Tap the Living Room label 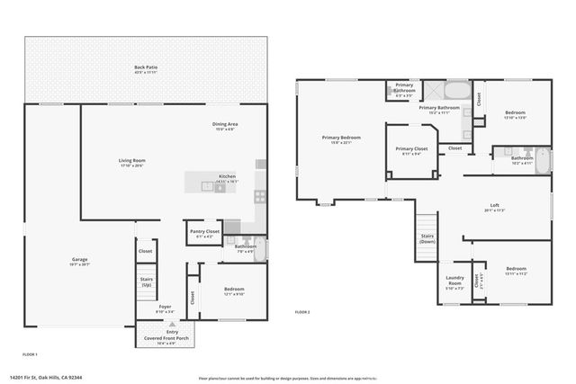pyautogui.click(x=131, y=161)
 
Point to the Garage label pyautogui.click(x=80, y=260)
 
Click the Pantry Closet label pyautogui.click(x=204, y=231)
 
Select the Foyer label pyautogui.click(x=165, y=306)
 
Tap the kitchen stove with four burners pyautogui.click(x=260, y=194)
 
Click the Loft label pyautogui.click(x=494, y=205)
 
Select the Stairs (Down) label pyautogui.click(x=427, y=238)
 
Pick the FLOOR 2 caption pyautogui.click(x=302, y=312)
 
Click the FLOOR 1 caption pyautogui.click(x=30, y=354)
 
